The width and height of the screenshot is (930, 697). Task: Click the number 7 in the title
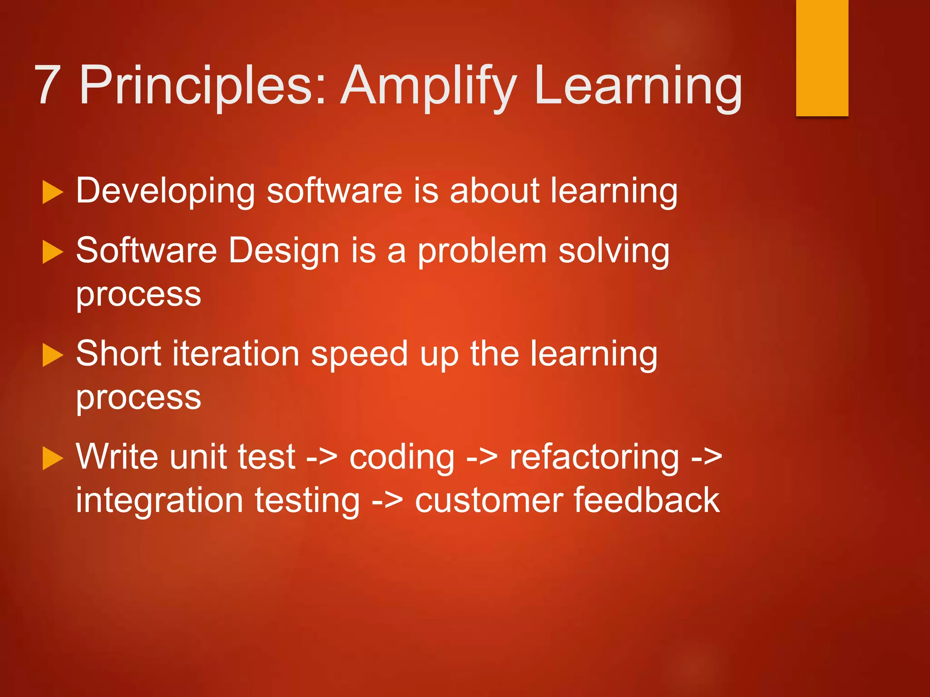[x=48, y=85]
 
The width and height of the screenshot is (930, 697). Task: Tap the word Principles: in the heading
[x=203, y=86]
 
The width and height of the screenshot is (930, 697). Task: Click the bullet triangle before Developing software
[x=52, y=192]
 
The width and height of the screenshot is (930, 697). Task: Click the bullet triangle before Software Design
[x=52, y=252]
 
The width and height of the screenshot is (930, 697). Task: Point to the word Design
[x=283, y=251]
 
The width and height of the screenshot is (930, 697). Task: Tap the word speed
[x=359, y=354]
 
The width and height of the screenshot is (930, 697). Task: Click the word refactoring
[x=594, y=457]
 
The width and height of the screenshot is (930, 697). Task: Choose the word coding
[x=401, y=457]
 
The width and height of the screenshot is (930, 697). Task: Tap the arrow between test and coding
[x=322, y=457]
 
